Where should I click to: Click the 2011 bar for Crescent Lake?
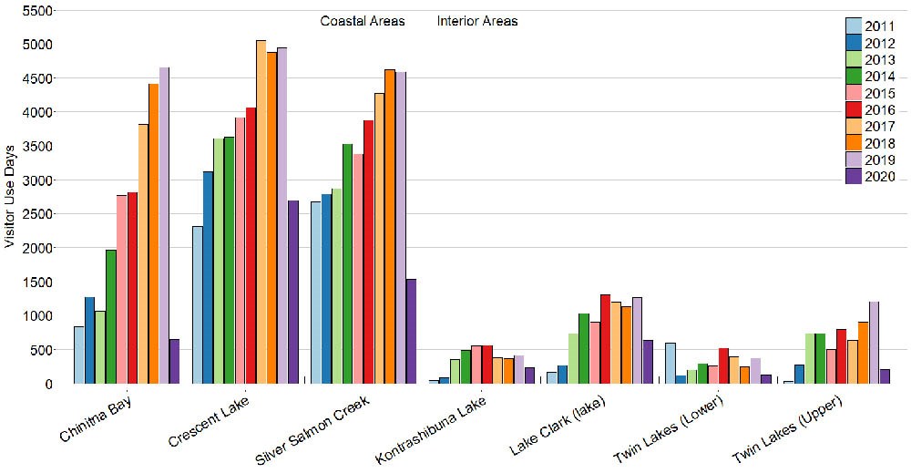[198, 304]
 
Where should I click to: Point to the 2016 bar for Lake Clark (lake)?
[605, 338]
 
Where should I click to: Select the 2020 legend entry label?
[882, 177]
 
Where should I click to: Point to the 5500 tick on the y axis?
[40, 10]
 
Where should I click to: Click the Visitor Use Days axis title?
[11, 195]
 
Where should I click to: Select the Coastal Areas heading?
[363, 21]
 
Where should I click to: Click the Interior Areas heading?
[477, 21]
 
